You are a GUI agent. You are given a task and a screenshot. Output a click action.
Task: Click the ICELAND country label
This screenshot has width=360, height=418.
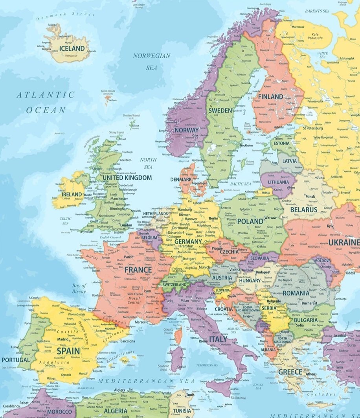(72, 48)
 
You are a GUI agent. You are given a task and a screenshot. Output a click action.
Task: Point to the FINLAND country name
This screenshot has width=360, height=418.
(270, 96)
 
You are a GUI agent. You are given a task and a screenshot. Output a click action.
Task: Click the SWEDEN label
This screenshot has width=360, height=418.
(220, 110)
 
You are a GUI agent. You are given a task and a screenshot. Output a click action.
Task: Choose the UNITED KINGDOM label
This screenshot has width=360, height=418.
(127, 178)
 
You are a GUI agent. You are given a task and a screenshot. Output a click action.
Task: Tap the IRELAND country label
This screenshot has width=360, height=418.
(71, 195)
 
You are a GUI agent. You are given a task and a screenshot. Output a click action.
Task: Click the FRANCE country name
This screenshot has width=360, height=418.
(138, 270)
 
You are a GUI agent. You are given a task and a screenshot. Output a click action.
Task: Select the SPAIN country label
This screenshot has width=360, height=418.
(68, 350)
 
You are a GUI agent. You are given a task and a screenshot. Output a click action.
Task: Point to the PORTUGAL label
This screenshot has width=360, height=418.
(15, 360)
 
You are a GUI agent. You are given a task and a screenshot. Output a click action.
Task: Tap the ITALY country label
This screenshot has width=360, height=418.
(218, 339)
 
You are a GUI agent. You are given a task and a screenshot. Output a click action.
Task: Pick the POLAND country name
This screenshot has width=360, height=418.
(250, 221)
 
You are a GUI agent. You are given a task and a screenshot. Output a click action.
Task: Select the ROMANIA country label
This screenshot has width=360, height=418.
(296, 293)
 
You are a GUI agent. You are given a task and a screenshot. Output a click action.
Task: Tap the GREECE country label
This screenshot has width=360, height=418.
(290, 372)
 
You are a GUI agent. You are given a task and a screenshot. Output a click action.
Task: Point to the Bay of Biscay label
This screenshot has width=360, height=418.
(79, 289)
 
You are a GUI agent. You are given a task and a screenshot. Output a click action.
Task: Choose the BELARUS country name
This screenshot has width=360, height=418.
(303, 210)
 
